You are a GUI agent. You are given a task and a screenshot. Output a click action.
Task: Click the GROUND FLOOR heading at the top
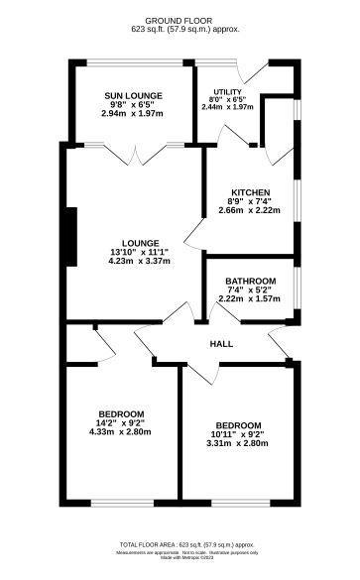(x=179, y=20)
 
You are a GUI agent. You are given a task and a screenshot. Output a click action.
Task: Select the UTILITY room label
(x=227, y=89)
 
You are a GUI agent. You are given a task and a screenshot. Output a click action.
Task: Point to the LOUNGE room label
(x=138, y=242)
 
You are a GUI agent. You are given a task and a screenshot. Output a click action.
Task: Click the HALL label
(x=221, y=343)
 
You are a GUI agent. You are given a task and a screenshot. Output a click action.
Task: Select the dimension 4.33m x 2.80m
(x=120, y=432)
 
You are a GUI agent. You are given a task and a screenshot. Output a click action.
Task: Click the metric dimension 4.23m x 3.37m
(x=138, y=262)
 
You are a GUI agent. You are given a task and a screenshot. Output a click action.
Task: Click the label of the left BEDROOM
(x=121, y=413)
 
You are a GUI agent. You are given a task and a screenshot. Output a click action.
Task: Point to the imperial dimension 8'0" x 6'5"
(x=227, y=99)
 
